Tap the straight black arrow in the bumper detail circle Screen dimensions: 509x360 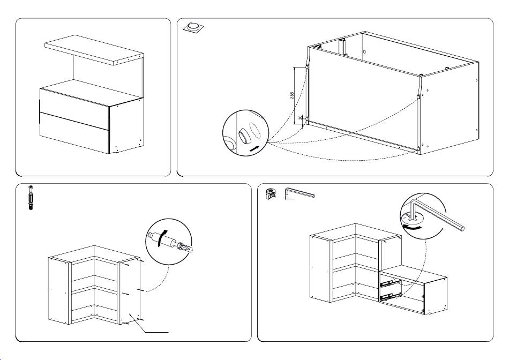click(257, 147)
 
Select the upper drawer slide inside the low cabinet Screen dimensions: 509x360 click(391, 282)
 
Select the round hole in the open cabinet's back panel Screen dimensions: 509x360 click(364, 52)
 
